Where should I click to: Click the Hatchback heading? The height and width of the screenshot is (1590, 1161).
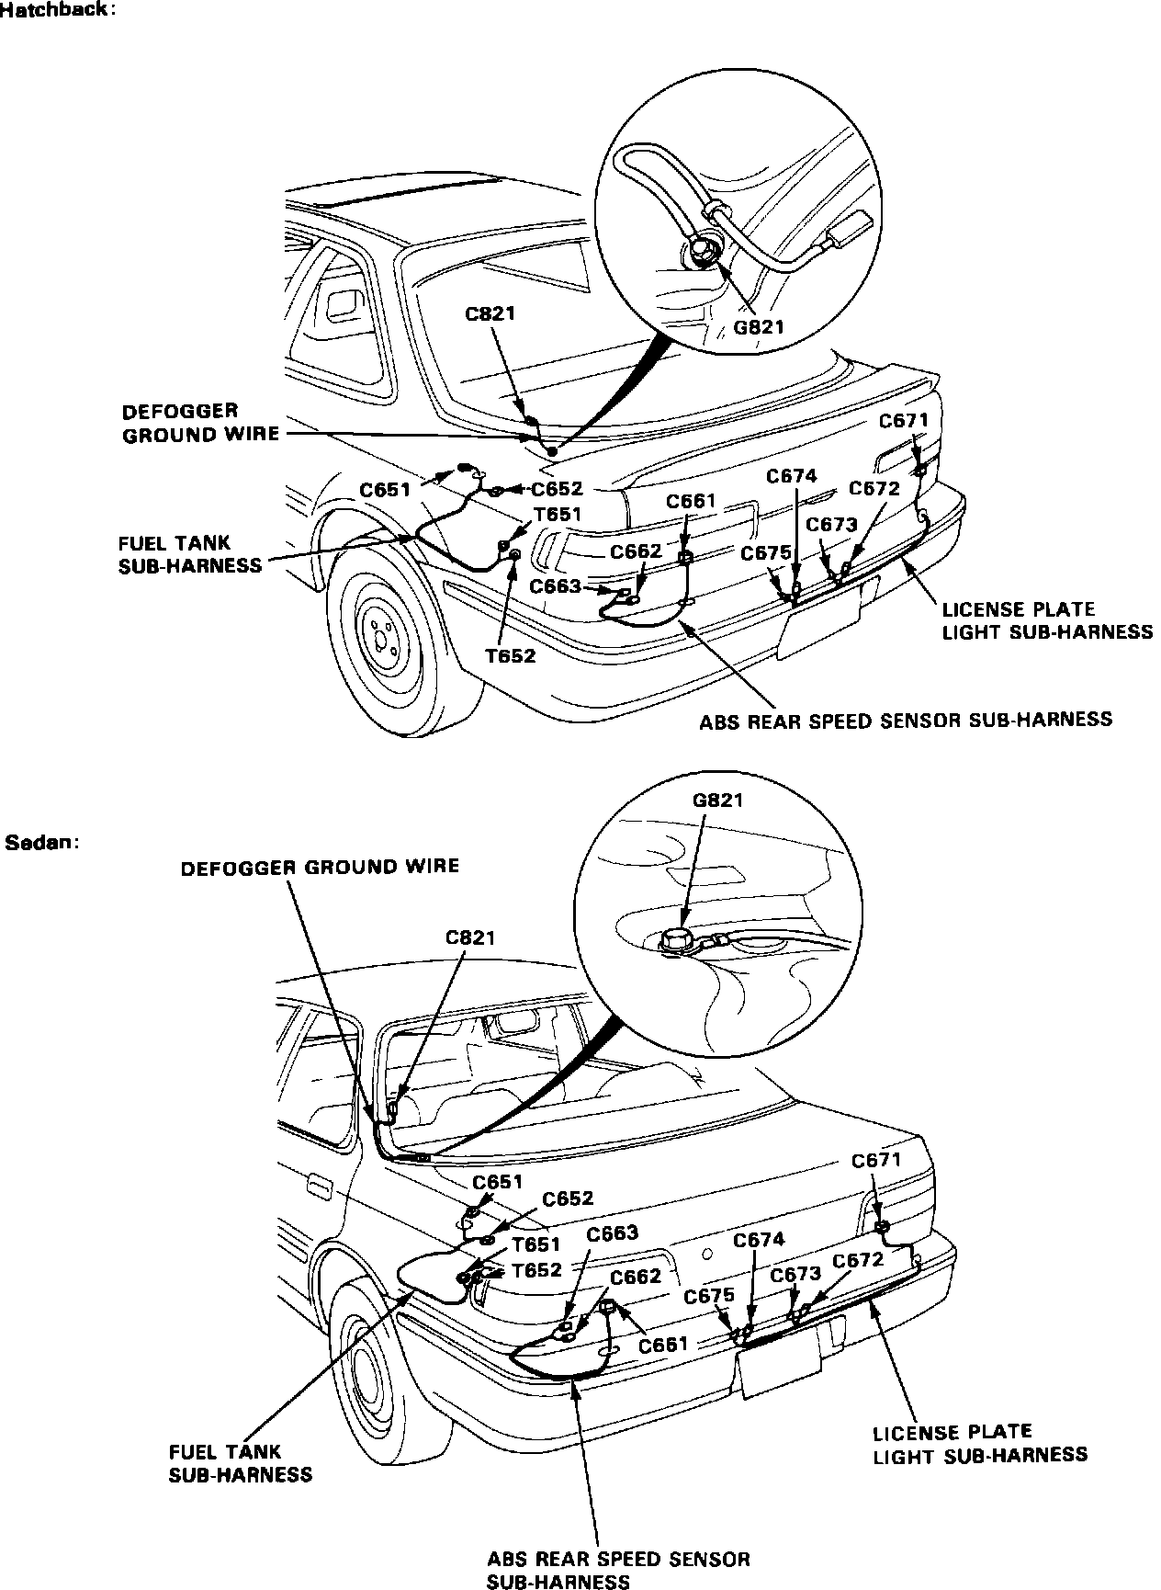[57, 11]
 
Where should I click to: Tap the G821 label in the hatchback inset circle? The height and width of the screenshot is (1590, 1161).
[759, 325]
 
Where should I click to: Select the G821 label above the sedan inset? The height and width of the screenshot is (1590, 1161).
[717, 800]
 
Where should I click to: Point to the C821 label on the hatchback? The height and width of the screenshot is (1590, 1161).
[490, 314]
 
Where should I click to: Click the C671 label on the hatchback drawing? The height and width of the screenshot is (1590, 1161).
[904, 421]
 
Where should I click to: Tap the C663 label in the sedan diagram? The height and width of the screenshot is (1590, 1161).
[612, 1233]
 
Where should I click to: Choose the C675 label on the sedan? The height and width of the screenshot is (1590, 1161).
[710, 1296]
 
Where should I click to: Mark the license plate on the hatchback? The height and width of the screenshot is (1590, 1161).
[819, 624]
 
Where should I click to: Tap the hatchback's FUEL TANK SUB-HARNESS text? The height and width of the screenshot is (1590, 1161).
[190, 555]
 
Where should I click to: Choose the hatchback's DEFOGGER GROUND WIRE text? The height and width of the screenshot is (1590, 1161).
[200, 423]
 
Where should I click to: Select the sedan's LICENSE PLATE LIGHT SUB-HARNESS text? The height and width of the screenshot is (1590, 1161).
[979, 1443]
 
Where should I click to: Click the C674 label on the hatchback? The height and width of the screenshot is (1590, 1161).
[792, 476]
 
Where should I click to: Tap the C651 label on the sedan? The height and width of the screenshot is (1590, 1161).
[498, 1182]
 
